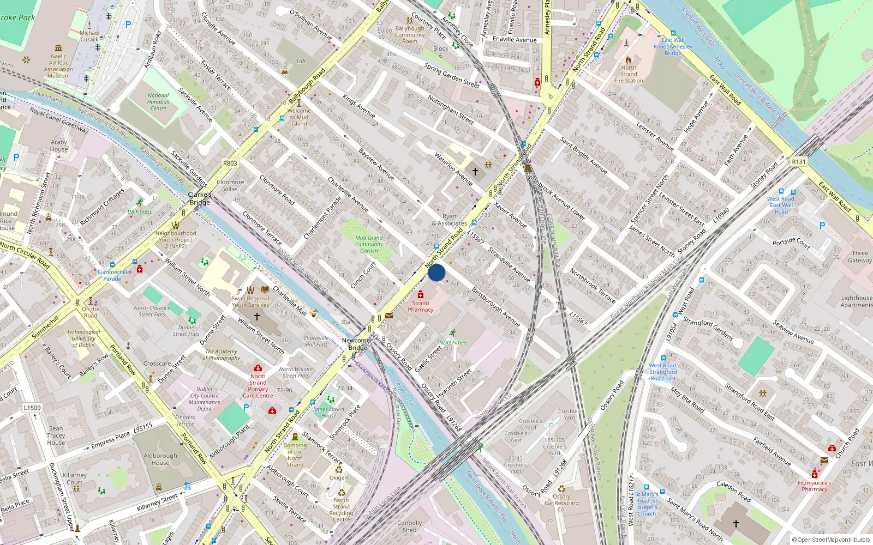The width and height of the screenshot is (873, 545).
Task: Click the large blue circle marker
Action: (x=436, y=272)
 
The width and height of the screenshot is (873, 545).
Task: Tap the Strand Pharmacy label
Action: (x=420, y=306)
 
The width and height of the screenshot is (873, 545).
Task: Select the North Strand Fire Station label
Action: (x=629, y=74)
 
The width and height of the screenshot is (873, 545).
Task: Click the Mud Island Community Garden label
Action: (x=369, y=244)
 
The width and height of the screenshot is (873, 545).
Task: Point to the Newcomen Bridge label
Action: (x=358, y=344)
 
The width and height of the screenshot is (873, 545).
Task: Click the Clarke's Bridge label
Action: (x=200, y=198)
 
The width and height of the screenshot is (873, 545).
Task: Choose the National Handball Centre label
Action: (x=158, y=102)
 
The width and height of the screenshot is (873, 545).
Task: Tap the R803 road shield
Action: (x=230, y=163)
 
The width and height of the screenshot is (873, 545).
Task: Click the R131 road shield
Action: (x=799, y=162)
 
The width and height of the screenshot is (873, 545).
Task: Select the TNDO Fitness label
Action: (x=452, y=343)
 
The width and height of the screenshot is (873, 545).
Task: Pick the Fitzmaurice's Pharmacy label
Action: (x=815, y=486)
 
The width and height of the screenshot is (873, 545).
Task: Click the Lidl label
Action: (x=301, y=62)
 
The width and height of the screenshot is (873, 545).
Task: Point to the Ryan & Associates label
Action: (x=449, y=220)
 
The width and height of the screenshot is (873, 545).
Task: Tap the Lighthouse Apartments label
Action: (x=857, y=301)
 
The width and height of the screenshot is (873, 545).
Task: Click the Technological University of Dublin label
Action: (x=83, y=338)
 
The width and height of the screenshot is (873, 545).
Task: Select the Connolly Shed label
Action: (x=409, y=526)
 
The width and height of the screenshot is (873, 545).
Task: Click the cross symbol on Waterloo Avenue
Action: (x=475, y=171)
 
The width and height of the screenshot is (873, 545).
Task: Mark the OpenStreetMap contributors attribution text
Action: (x=830, y=540)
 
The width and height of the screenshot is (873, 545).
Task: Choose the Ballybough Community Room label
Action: (x=410, y=35)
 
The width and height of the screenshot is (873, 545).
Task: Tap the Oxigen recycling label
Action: (x=338, y=477)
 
